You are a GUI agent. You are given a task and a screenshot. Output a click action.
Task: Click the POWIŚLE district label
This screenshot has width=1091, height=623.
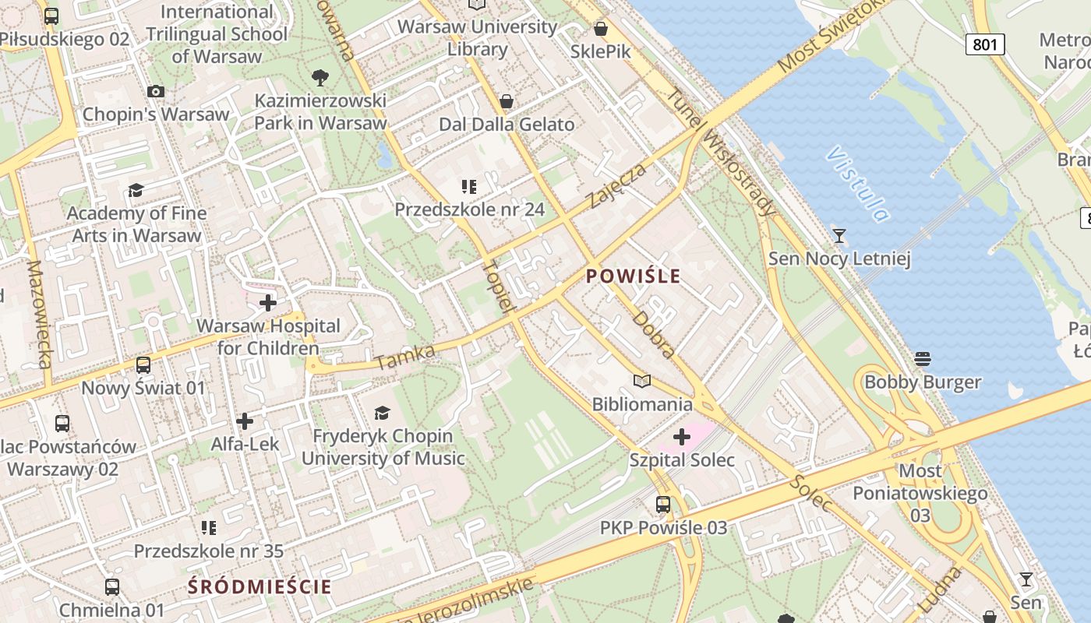(x=633, y=276)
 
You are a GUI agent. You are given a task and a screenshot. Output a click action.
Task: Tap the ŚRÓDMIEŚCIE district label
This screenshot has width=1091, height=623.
(x=260, y=586)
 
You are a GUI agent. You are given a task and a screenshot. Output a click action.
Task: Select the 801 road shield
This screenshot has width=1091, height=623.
(x=985, y=44)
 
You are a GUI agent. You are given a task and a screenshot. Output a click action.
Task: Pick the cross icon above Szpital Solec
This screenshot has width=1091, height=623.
(x=682, y=437)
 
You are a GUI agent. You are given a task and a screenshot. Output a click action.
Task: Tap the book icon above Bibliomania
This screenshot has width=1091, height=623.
(x=642, y=381)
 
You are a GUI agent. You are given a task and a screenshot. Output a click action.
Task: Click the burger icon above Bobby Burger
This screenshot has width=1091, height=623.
(x=923, y=359)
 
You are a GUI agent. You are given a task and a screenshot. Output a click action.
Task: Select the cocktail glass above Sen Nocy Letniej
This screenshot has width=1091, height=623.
(x=839, y=235)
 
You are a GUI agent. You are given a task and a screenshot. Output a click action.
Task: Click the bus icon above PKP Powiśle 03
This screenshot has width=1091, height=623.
(x=663, y=505)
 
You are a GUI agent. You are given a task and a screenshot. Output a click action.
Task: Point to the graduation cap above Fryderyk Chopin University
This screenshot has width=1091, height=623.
(x=382, y=413)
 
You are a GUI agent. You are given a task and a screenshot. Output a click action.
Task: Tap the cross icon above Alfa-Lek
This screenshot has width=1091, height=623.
(x=245, y=421)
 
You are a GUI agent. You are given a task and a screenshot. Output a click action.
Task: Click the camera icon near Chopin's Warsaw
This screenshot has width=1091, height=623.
(x=156, y=91)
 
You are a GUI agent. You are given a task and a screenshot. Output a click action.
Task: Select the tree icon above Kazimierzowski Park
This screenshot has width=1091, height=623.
(x=320, y=77)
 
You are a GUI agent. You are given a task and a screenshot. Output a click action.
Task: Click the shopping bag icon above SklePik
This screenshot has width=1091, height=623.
(x=601, y=29)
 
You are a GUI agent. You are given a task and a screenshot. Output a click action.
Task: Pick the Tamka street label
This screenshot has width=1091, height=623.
(x=404, y=357)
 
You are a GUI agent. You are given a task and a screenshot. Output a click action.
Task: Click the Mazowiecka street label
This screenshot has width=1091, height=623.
(x=39, y=314)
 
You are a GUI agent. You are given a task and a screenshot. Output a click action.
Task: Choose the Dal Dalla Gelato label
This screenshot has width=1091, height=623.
(x=507, y=125)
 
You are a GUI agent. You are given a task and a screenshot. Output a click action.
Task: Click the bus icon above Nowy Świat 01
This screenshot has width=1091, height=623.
(x=143, y=365)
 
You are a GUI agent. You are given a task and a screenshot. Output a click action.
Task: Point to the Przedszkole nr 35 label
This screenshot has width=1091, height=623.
(x=208, y=551)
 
